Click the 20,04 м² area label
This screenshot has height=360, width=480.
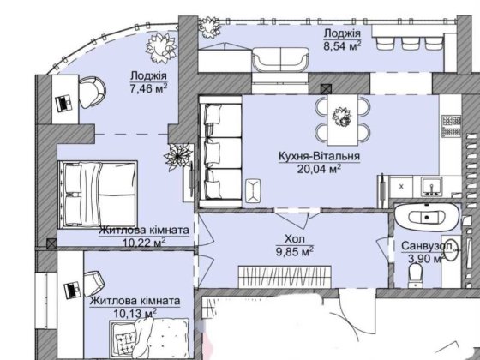[319, 169]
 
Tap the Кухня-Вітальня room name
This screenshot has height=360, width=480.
[319, 156]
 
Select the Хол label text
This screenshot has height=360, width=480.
[295, 239]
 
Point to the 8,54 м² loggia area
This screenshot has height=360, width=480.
[342, 46]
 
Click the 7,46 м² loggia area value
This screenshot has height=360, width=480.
[148, 89]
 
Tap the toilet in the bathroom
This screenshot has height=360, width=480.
[416, 275]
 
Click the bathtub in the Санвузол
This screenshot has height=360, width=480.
[427, 218]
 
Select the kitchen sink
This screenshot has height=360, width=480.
[431, 187]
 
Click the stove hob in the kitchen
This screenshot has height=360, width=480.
[451, 126]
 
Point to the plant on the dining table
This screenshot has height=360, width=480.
[342, 117]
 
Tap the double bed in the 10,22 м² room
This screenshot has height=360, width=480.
[98, 195]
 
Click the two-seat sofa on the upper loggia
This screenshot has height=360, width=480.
[281, 60]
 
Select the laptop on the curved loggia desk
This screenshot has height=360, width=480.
[64, 104]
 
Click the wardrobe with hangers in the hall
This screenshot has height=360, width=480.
[285, 277]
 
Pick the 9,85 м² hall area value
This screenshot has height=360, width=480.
[295, 252]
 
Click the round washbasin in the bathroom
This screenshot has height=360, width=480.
[451, 249]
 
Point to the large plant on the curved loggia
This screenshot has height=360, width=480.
[161, 48]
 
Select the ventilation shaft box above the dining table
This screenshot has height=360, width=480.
[325, 89]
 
